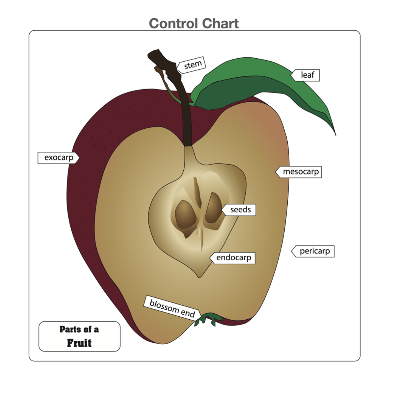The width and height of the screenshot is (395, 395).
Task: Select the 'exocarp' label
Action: [59, 158]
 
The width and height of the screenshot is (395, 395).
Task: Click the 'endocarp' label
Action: [233, 258]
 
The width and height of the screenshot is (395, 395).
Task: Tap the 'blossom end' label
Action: [172, 308]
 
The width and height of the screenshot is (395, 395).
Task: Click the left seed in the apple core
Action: [186, 214]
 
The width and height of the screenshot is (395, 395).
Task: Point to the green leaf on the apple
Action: [257, 86]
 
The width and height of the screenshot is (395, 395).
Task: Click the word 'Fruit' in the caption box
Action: [79, 343]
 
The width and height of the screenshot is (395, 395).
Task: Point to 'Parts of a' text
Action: [79, 329]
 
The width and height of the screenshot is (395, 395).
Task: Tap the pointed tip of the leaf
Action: [335, 135]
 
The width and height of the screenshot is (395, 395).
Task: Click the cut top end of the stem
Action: [154, 55]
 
